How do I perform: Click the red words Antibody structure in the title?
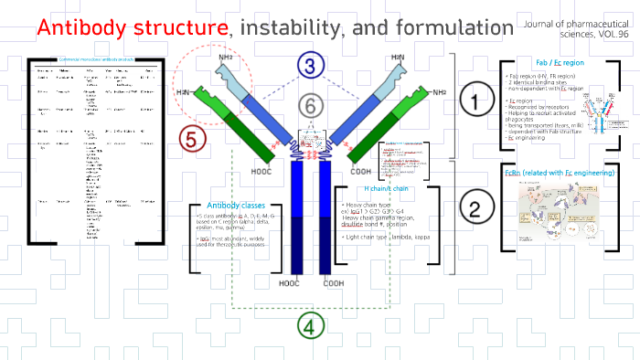tap(133, 28)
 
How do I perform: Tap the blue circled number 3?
tap(310, 65)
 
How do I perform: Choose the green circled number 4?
tap(310, 326)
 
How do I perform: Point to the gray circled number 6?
tap(311, 107)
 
